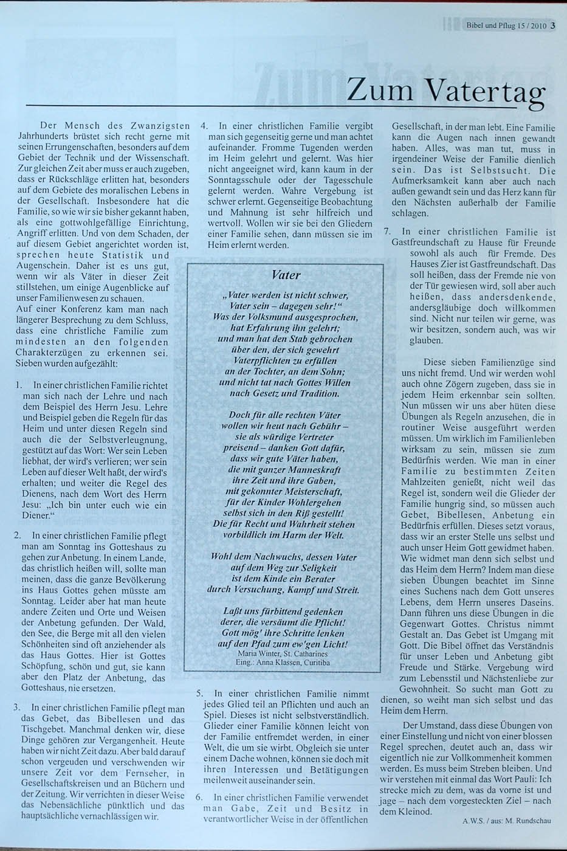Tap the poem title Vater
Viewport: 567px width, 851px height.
pyautogui.click(x=286, y=274)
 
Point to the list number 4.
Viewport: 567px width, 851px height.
pyautogui.click(x=204, y=126)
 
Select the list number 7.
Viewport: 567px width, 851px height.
pyautogui.click(x=387, y=232)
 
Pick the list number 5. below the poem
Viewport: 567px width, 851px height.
pyautogui.click(x=199, y=693)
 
